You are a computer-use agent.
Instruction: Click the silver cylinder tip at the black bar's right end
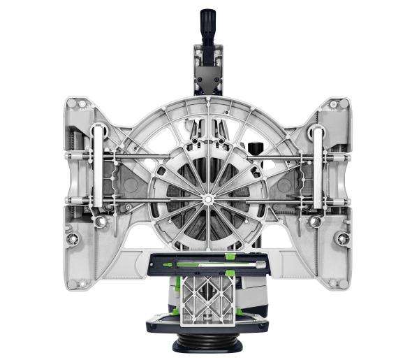[263, 266]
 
